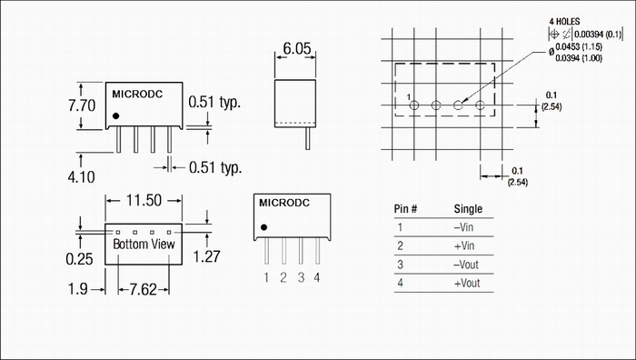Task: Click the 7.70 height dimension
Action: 82,105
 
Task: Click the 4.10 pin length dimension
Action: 81,177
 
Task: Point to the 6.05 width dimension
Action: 297,49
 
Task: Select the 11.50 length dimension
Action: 144,201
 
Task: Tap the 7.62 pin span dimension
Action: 144,289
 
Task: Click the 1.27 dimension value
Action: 206,256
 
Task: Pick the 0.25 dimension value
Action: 80,259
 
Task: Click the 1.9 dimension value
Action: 77,289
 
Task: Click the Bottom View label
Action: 144,245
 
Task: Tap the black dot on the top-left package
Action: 116,116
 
